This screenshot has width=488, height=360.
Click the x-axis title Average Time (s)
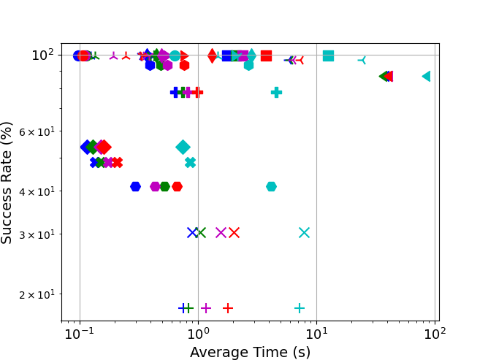tap(250, 352)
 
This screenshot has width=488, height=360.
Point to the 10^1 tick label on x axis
tap(316, 334)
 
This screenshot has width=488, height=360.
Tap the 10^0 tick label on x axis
tap(198, 334)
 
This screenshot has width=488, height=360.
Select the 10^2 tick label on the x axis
tap(435, 334)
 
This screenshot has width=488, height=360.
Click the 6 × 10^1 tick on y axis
tap(40, 132)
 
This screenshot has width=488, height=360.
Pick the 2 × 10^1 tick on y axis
tap(40, 294)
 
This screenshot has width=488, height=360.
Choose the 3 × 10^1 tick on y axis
tap(40, 234)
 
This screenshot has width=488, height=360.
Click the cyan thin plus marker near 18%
tap(300, 308)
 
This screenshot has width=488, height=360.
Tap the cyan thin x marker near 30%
tap(304, 232)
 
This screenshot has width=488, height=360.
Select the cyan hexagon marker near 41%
tap(271, 186)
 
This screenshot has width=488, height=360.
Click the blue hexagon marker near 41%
tap(135, 186)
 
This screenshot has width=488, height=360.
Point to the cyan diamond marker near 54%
tap(183, 147)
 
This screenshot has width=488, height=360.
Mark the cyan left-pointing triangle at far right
tap(426, 76)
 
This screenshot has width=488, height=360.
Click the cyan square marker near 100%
tap(328, 55)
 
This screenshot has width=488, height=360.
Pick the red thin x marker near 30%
tap(234, 232)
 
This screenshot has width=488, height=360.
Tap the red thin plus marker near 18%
tap(228, 308)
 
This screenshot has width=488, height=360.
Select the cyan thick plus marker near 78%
tap(276, 92)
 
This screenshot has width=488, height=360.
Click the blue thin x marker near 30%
tap(192, 232)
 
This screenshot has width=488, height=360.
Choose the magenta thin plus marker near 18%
tap(206, 308)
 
